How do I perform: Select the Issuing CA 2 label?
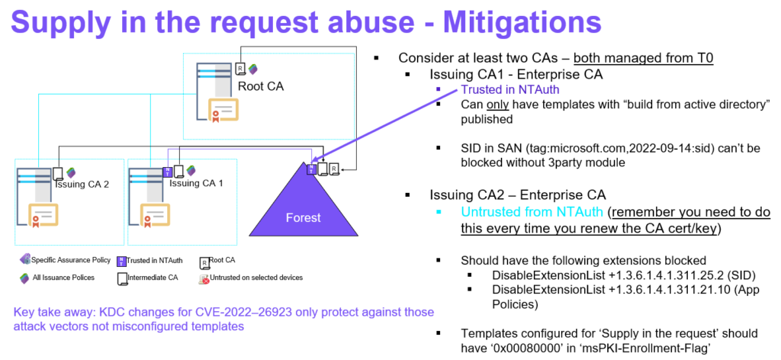[x=80, y=184]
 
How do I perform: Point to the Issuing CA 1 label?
[x=196, y=183]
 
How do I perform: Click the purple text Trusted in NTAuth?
[x=510, y=89]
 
